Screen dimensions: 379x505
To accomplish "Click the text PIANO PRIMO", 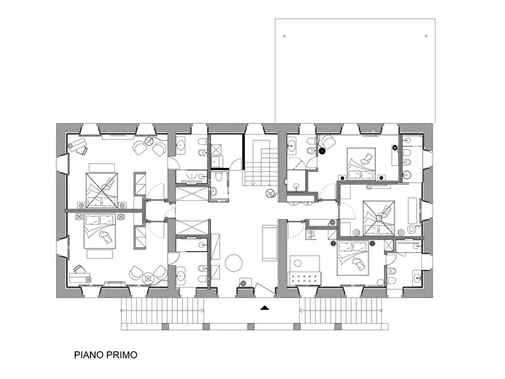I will (x=105, y=356).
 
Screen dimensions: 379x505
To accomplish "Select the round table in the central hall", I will (x=234, y=262).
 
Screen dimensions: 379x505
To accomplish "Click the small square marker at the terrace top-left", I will (x=284, y=36).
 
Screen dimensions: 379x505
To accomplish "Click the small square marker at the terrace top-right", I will (x=425, y=36).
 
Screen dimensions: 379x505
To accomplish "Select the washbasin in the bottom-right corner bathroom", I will (x=416, y=278).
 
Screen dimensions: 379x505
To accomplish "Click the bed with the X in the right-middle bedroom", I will (x=379, y=217).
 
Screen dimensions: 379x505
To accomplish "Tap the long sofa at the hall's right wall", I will (x=269, y=242).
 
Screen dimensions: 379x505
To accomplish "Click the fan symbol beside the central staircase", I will (x=271, y=194).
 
